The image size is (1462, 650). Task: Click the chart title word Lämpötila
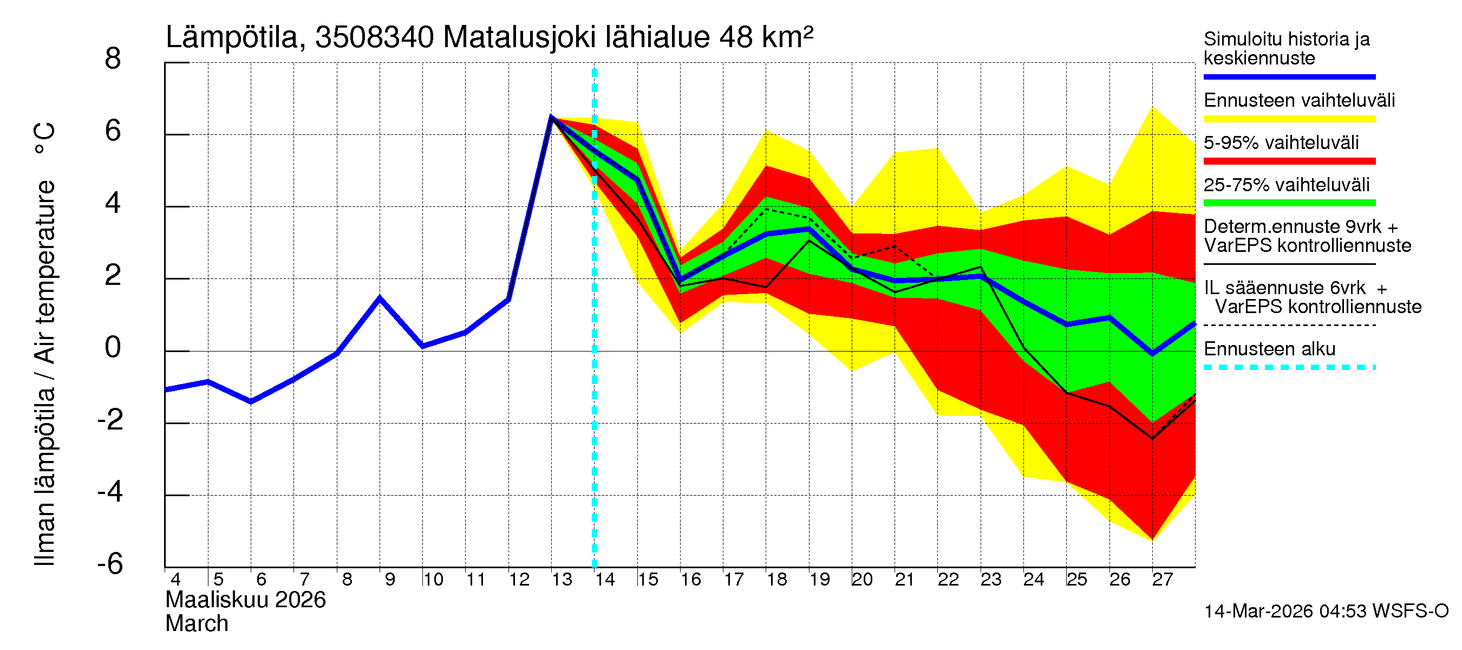[232, 38]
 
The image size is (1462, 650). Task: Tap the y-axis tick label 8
[113, 59]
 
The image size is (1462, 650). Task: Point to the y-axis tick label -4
[110, 492]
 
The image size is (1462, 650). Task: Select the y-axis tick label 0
[113, 347]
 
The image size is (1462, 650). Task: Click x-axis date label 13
[562, 580]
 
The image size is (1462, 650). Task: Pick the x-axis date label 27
[1162, 580]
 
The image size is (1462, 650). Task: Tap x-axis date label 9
[389, 580]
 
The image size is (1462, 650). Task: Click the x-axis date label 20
[861, 580]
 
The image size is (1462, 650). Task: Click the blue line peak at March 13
[551, 116]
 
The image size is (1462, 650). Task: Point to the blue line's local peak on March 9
[380, 298]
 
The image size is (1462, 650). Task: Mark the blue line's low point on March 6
[251, 402]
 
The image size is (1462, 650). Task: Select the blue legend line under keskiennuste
[1289, 76]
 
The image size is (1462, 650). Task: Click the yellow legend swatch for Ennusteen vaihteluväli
[1289, 119]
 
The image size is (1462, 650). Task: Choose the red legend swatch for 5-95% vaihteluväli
[1289, 161]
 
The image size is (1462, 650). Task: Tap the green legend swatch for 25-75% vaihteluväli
[1289, 203]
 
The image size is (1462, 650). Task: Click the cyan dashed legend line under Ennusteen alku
[1289, 367]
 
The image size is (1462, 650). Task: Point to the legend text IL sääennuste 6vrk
[1284, 288]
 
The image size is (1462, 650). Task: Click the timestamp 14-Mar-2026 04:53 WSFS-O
[1326, 612]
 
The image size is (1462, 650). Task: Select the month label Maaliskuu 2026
[245, 600]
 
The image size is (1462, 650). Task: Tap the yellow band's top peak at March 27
[1152, 107]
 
